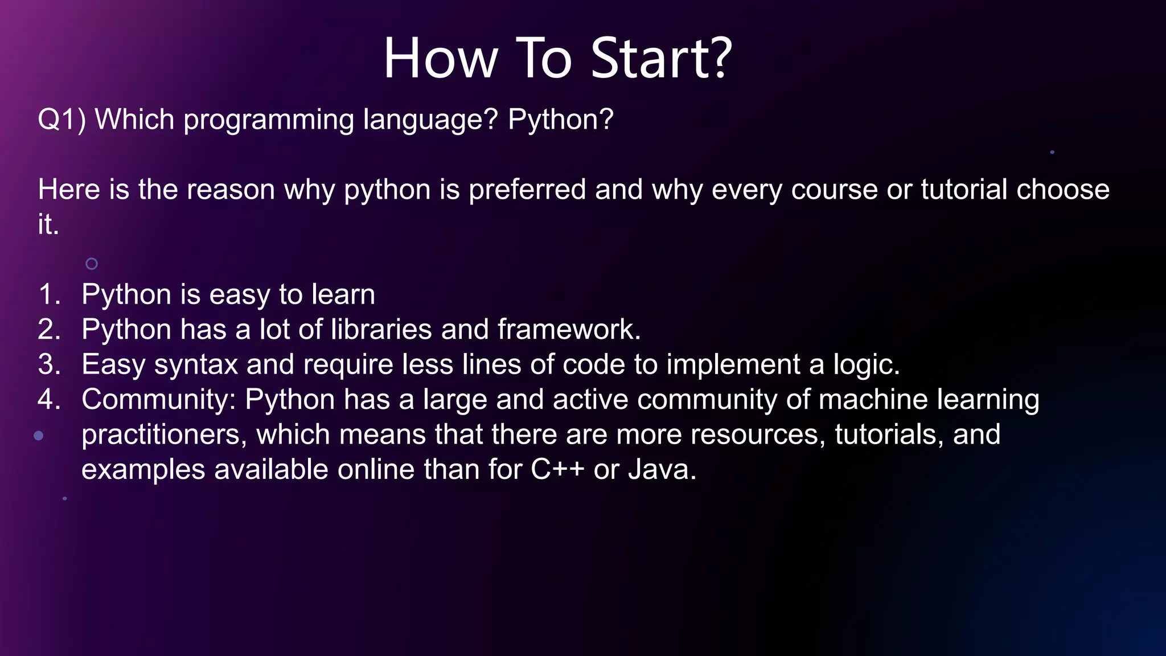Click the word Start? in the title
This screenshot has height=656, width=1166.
click(x=661, y=58)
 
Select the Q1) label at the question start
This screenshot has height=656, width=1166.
click(x=61, y=120)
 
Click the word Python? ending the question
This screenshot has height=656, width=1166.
click(x=560, y=120)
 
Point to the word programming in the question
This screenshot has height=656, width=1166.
click(x=269, y=121)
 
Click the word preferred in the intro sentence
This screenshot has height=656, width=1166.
click(x=527, y=190)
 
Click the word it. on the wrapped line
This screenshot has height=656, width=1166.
click(x=48, y=224)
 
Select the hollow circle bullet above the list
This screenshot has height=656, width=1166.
click(x=92, y=264)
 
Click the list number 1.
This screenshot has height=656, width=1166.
click(x=49, y=295)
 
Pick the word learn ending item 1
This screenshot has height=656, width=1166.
click(x=343, y=295)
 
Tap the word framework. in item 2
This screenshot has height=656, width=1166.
click(x=569, y=330)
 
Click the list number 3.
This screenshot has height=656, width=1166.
click(x=49, y=365)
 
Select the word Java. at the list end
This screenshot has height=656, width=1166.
click(x=662, y=470)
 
